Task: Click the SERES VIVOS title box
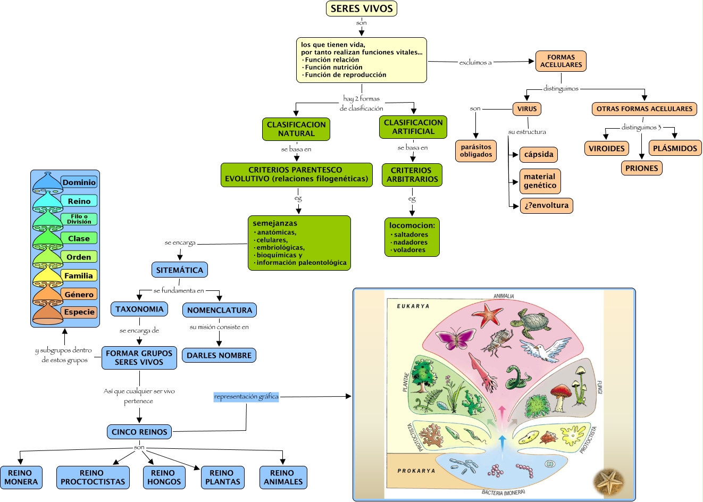pyautogui.click(x=362, y=9)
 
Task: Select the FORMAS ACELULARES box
pyautogui.click(x=561, y=61)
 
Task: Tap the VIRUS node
pyautogui.click(x=527, y=109)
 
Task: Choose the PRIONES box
pyautogui.click(x=641, y=168)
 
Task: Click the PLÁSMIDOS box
pyautogui.click(x=675, y=148)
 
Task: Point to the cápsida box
pyautogui.click(x=539, y=155)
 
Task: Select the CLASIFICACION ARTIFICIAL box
pyautogui.click(x=413, y=127)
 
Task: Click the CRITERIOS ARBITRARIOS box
pyautogui.click(x=412, y=175)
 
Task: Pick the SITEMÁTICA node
pyautogui.click(x=180, y=270)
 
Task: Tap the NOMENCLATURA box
pyautogui.click(x=220, y=310)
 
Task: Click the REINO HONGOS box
pyautogui.click(x=164, y=478)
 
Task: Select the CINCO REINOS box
pyautogui.click(x=139, y=432)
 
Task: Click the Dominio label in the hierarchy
pyautogui.click(x=79, y=182)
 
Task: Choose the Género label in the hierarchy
pyautogui.click(x=79, y=294)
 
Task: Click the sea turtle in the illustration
pyautogui.click(x=530, y=322)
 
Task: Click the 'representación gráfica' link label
pyautogui.click(x=246, y=397)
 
